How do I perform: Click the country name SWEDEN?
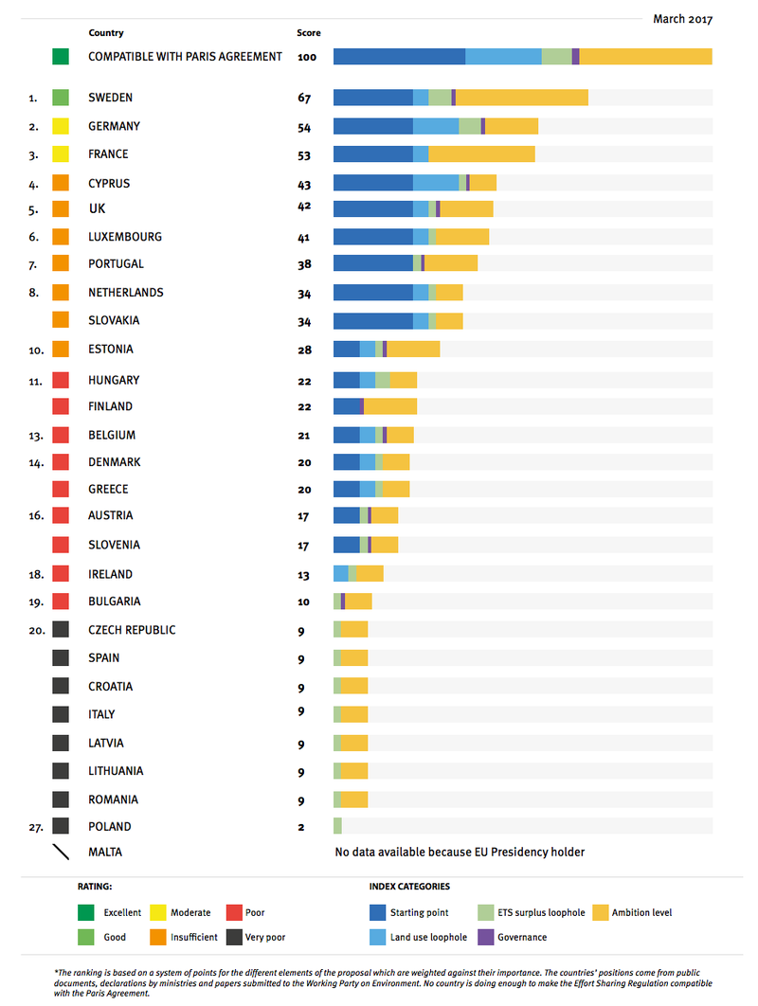pos(110,98)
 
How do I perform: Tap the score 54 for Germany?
pos(304,127)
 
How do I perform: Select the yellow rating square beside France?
pos(61,154)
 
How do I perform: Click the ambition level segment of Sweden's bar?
pos(521,98)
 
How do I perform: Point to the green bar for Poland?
pos(337,826)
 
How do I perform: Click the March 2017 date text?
pos(682,19)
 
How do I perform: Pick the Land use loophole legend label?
pos(429,937)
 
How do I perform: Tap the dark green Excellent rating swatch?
pos(87,913)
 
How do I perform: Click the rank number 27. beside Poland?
pos(35,826)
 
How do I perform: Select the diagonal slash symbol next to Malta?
pos(61,852)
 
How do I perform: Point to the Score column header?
pos(308,33)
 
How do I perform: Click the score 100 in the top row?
pos(306,57)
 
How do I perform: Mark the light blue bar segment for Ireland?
pos(340,573)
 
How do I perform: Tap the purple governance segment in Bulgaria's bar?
pos(343,602)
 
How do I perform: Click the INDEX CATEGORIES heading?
pos(409,887)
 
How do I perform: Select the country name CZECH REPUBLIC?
pos(132,630)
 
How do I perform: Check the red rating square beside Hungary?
pos(61,380)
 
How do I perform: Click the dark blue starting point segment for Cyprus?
pos(372,183)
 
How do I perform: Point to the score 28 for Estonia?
pos(304,350)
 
